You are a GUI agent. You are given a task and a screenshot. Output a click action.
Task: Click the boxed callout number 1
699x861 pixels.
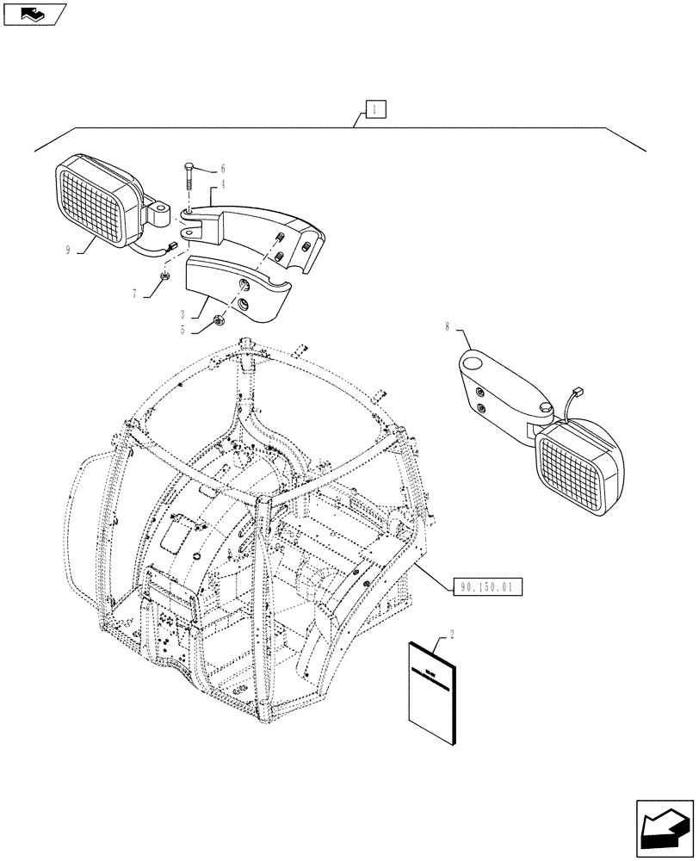pyautogui.click(x=376, y=109)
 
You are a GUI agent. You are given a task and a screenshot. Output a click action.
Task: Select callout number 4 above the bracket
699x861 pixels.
pyautogui.click(x=222, y=183)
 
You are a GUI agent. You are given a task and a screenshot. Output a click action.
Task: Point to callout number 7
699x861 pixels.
pyautogui.click(x=134, y=293)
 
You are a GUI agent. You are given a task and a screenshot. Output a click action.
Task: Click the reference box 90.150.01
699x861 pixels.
pyautogui.click(x=486, y=587)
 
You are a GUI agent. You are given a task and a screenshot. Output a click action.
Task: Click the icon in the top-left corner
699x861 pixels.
pyautogui.click(x=34, y=13)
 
